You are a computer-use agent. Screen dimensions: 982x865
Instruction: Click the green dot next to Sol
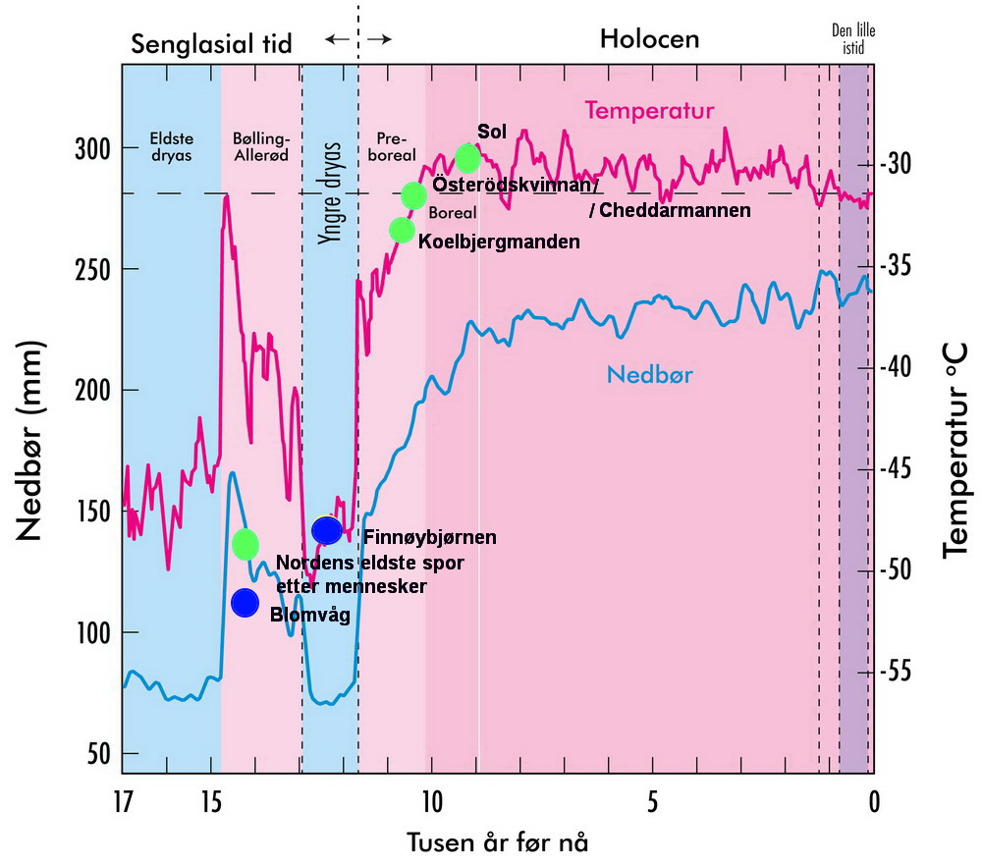pyautogui.click(x=467, y=158)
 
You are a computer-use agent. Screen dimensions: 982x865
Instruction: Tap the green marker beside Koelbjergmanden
pyautogui.click(x=402, y=231)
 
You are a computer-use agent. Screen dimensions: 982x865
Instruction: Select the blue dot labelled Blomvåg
pyautogui.click(x=245, y=603)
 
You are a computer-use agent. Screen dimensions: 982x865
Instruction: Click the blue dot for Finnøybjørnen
pyautogui.click(x=327, y=530)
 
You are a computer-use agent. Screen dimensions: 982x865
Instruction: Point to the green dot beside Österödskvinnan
pyautogui.click(x=413, y=196)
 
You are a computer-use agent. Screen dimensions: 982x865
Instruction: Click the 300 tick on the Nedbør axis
pyautogui.click(x=92, y=150)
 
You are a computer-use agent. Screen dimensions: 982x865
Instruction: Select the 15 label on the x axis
pyautogui.click(x=212, y=802)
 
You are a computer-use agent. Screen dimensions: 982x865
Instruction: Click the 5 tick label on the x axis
pyautogui.click(x=653, y=802)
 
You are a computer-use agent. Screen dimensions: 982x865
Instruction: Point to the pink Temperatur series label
pyautogui.click(x=649, y=111)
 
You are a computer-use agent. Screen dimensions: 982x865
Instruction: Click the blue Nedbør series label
pyautogui.click(x=649, y=374)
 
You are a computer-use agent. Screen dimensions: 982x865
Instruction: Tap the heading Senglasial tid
pyautogui.click(x=212, y=44)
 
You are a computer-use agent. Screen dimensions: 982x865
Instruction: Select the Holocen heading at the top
pyautogui.click(x=649, y=39)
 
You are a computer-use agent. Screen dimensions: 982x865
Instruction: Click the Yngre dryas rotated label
pyautogui.click(x=330, y=192)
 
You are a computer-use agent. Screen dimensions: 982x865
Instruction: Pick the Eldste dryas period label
pyautogui.click(x=172, y=146)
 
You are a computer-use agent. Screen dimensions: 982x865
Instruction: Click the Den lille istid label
pyautogui.click(x=853, y=39)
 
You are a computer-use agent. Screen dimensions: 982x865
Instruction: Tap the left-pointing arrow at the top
pyautogui.click(x=338, y=39)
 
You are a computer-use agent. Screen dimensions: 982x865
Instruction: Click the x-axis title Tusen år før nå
pyautogui.click(x=498, y=842)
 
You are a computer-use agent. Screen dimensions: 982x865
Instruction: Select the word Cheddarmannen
pyautogui.click(x=676, y=210)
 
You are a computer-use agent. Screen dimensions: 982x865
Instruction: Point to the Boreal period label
pyautogui.click(x=453, y=213)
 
